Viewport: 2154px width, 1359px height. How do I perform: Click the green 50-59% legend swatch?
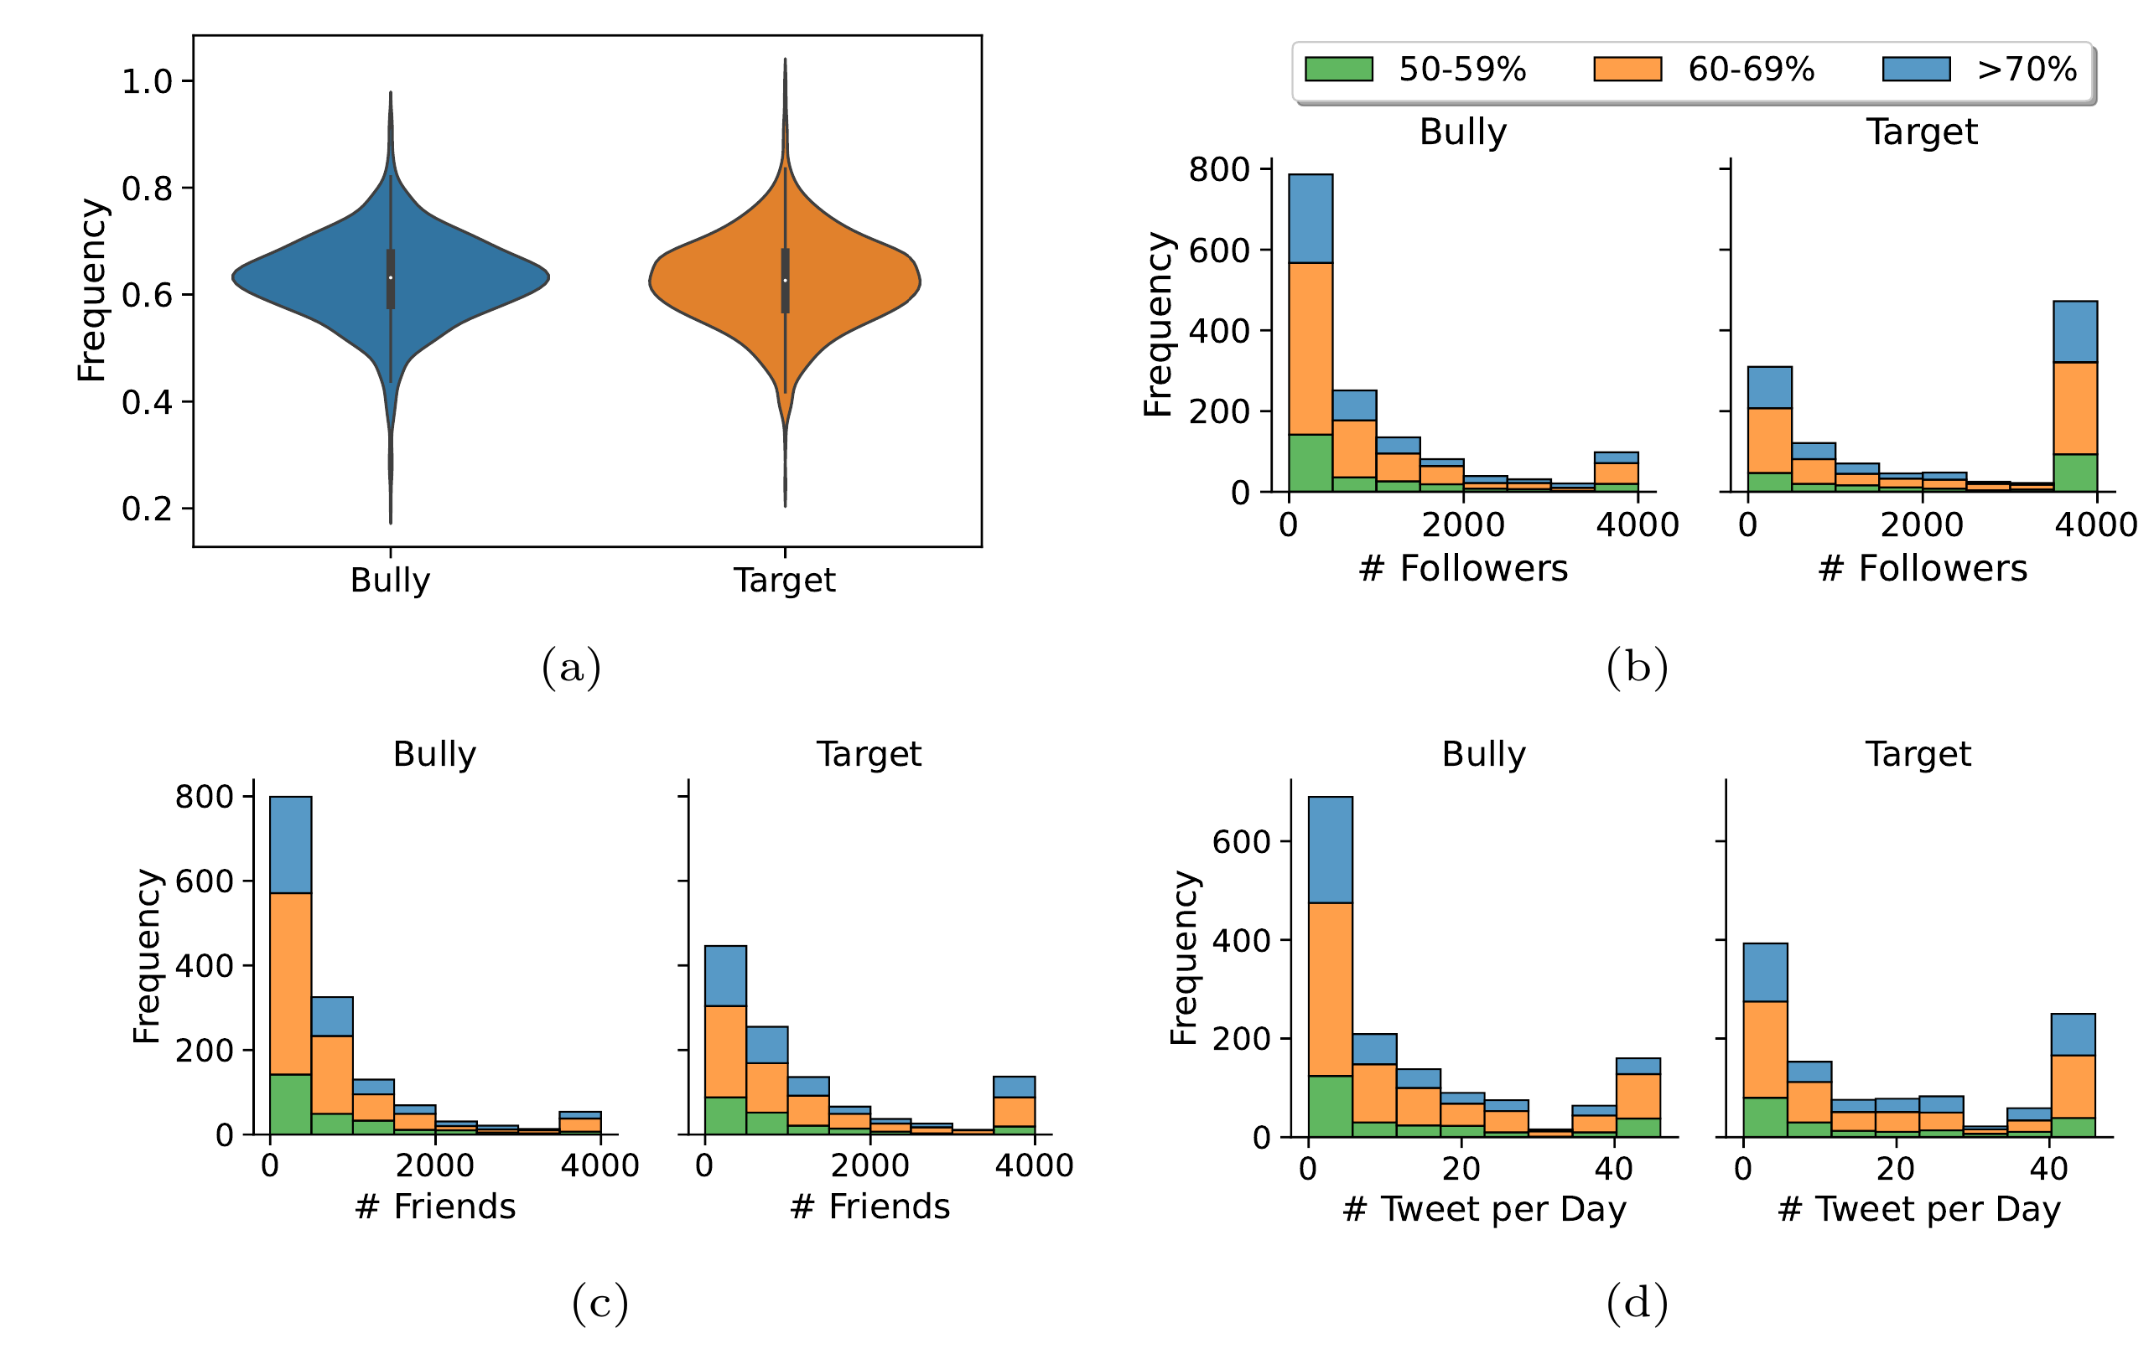click(1338, 69)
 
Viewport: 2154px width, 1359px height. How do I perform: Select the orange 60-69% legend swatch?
click(1627, 69)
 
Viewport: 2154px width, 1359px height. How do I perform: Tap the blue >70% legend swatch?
click(1916, 69)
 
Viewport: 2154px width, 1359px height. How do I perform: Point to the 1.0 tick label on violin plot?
click(147, 81)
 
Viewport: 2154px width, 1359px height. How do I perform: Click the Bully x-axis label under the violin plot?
click(390, 581)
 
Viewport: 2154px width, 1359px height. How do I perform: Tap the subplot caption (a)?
click(571, 668)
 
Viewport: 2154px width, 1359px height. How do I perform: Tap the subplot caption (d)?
click(1636, 1303)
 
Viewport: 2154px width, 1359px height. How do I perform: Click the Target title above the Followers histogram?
click(1921, 132)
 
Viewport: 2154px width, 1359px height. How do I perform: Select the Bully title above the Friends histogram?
click(434, 754)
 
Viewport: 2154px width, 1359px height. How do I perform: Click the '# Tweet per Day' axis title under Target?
click(1918, 1209)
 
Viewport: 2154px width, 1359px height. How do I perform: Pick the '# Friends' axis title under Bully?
click(434, 1207)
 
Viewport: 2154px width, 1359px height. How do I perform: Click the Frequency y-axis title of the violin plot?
click(91, 291)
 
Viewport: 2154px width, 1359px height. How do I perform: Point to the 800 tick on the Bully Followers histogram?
click(1218, 169)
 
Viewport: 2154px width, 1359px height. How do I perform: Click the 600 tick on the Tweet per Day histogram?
click(1241, 841)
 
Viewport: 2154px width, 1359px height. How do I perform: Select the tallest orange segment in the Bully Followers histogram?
click(1311, 349)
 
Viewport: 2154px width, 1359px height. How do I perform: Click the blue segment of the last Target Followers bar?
click(2075, 332)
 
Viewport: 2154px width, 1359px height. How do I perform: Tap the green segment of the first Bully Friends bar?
click(291, 1104)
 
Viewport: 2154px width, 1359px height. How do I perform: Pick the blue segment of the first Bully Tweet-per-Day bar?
click(1330, 850)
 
